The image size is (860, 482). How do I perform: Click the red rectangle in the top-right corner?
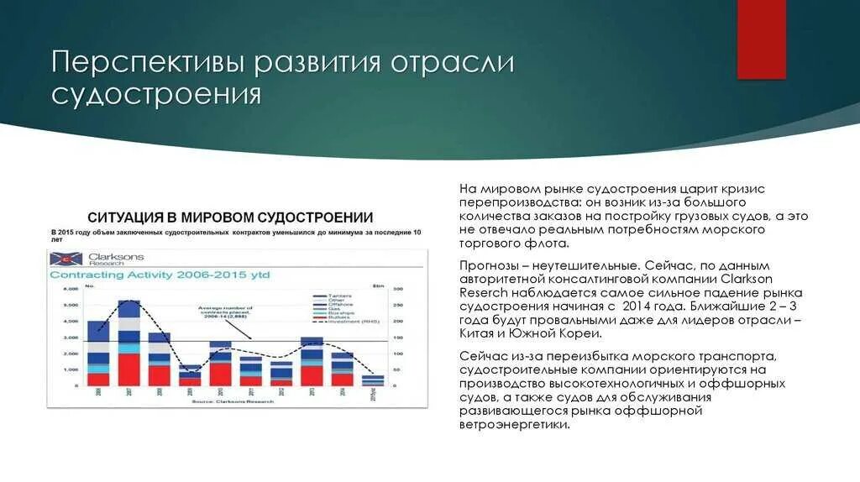(x=761, y=39)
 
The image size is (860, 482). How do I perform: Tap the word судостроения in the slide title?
(x=155, y=93)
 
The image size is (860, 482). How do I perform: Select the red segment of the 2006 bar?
(x=98, y=379)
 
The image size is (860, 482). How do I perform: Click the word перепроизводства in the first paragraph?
(x=515, y=203)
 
